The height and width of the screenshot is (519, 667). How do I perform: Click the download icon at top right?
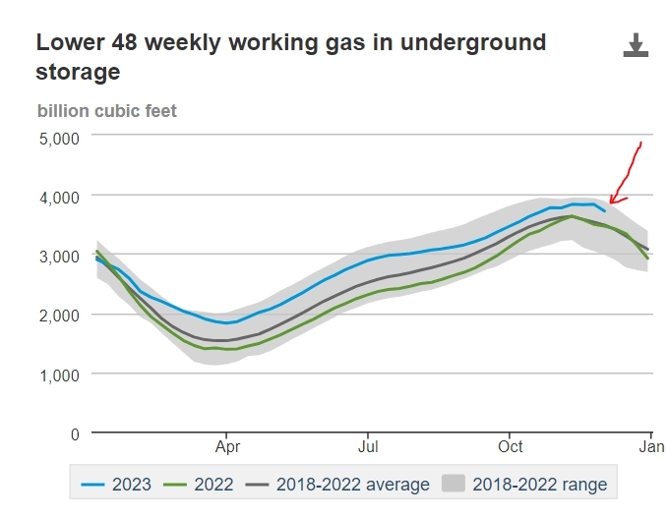coord(636,45)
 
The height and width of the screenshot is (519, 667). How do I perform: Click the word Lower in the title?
coord(66,43)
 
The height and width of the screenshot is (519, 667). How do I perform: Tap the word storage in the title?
coord(78,72)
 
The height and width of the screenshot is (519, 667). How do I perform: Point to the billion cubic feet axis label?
coord(107,111)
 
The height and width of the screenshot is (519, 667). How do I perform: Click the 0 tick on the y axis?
coord(73,432)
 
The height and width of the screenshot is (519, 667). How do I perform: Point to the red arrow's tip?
coord(610,204)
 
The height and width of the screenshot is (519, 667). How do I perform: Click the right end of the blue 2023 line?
coord(605,210)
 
